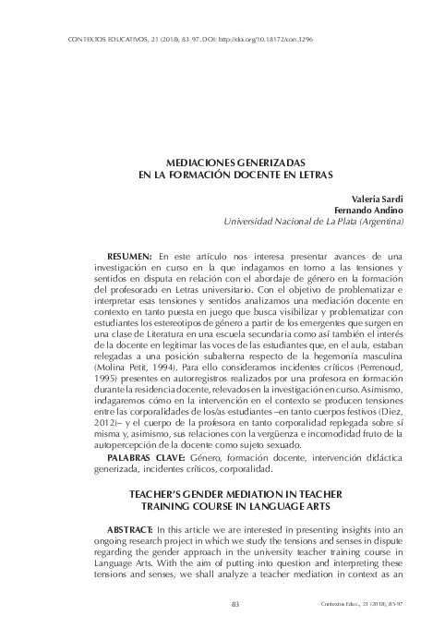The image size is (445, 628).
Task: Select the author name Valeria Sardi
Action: pyautogui.click(x=379, y=198)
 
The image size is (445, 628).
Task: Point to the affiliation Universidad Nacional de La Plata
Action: pyautogui.click(x=315, y=222)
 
